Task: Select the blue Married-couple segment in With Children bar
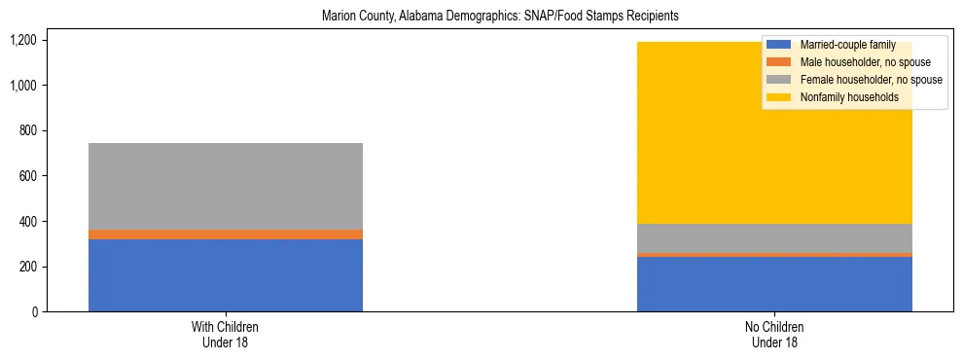point(226,275)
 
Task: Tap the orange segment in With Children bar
point(226,234)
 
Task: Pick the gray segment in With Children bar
point(226,186)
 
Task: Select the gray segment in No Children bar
point(774,237)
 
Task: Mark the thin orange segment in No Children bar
point(774,255)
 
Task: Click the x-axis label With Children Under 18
point(226,335)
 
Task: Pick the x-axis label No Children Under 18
point(774,335)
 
